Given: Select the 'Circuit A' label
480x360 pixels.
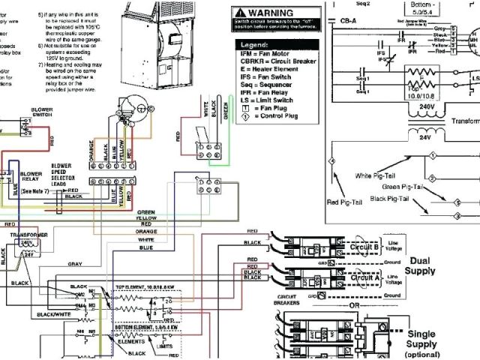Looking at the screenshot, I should point(365,277).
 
